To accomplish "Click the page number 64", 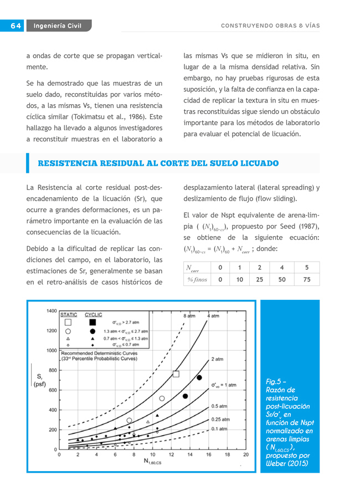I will [x=14, y=26].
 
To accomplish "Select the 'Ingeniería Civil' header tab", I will [x=58, y=26].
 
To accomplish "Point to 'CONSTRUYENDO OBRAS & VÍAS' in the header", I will [x=270, y=26].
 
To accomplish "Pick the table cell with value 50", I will [x=282, y=280].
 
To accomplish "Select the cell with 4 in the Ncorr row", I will [x=282, y=268].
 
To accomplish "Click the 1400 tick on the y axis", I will [x=51, y=311].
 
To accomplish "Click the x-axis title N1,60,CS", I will [x=152, y=462].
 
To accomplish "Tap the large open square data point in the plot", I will [x=176, y=374].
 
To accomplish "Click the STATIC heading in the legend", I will [x=69, y=314].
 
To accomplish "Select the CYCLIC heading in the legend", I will [x=93, y=314].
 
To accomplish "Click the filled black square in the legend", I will [x=92, y=322].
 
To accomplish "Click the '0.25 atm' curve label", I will [x=220, y=420].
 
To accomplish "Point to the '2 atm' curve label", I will [x=217, y=359].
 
